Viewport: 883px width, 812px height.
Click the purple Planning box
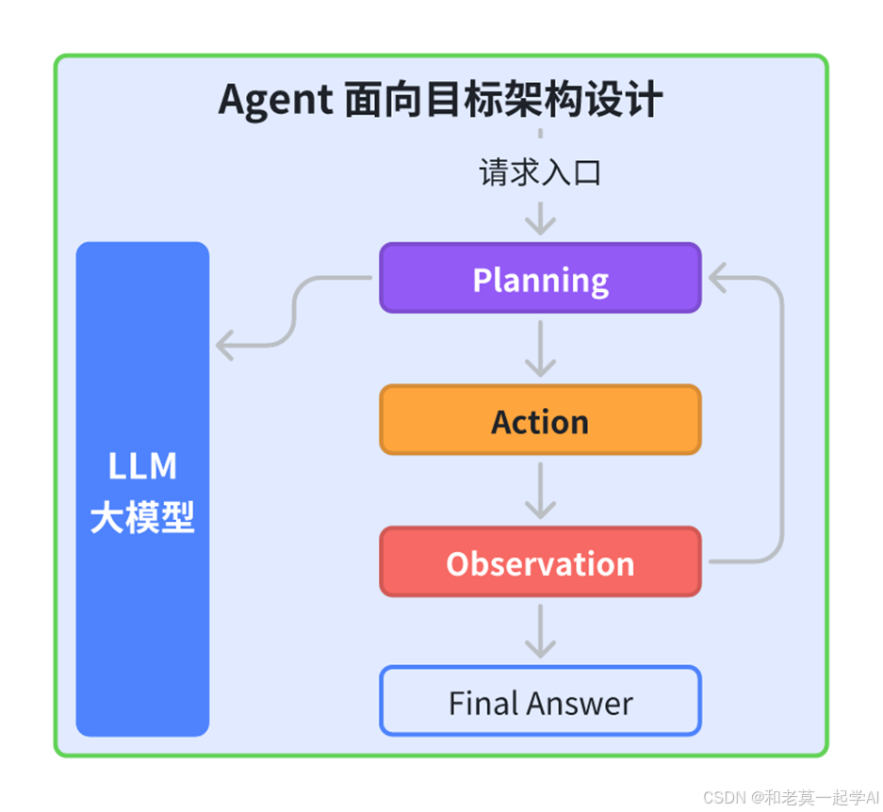coord(540,279)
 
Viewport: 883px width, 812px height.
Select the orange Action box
coord(540,420)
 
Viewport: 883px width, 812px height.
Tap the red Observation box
coord(540,562)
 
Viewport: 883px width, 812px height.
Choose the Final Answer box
coord(540,702)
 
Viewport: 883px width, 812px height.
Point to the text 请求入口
coord(540,172)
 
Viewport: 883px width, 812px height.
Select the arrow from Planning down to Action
coord(540,349)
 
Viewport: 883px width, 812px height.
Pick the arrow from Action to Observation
coord(540,491)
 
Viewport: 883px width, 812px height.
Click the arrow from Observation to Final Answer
coord(540,631)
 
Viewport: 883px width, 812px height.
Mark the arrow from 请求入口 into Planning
coord(540,219)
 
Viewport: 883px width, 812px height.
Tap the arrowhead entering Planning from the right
coord(718,278)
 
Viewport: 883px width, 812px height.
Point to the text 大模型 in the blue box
coord(142,518)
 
